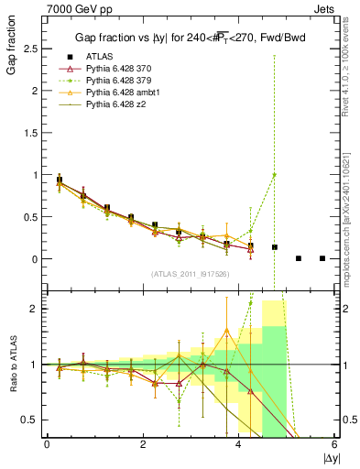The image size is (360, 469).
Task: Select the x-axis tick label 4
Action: pos(239,445)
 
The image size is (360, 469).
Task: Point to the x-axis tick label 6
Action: pos(335,445)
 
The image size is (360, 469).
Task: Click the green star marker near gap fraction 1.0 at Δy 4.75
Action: pos(274,175)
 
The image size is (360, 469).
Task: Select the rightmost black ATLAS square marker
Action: pos(322,258)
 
